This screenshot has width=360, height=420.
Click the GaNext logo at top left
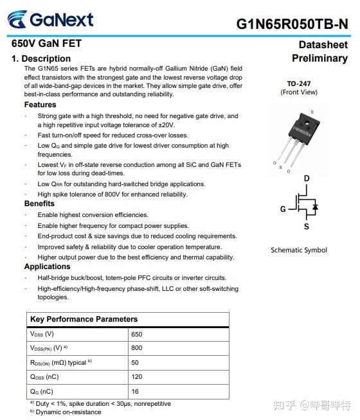(x=51, y=19)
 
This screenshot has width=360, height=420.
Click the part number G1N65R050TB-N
(x=292, y=24)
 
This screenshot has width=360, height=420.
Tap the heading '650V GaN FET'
(x=47, y=44)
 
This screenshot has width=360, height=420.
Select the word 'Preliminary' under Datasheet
(x=319, y=58)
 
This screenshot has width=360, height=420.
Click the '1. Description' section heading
(x=41, y=58)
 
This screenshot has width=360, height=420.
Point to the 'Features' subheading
(x=40, y=105)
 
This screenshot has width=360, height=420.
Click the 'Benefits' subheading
(x=39, y=204)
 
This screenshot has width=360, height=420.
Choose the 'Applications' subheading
(x=47, y=267)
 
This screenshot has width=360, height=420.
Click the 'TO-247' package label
(x=299, y=83)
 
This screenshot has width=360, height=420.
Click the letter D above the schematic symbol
(x=307, y=179)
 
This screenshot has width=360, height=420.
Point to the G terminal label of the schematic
(x=283, y=209)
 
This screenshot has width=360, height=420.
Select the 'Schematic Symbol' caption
(x=299, y=250)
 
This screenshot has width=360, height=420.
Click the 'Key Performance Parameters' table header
(x=84, y=319)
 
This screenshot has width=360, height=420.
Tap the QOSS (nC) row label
(x=44, y=377)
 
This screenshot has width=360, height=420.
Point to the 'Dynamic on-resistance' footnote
(x=67, y=412)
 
